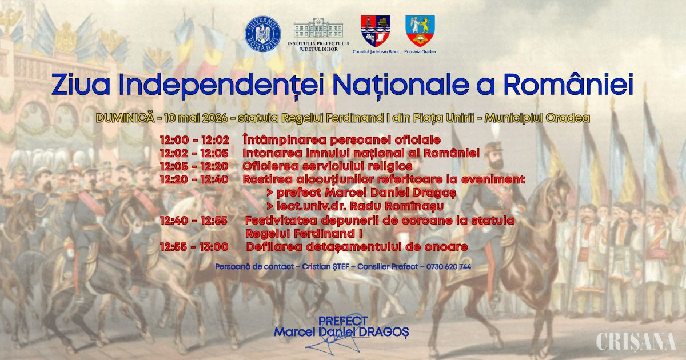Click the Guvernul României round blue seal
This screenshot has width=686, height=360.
point(262,34)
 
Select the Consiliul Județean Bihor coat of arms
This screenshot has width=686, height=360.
point(376,31)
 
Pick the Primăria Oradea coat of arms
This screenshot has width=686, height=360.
point(420,31)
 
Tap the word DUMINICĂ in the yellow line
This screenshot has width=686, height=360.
point(125,118)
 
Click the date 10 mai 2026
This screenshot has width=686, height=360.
point(196,118)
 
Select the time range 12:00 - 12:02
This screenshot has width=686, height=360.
point(194,140)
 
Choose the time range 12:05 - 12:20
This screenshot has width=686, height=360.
point(194,166)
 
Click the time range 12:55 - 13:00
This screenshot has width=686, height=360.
point(194,247)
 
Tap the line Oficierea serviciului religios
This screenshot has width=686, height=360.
point(328,166)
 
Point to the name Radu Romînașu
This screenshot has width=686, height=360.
point(397,206)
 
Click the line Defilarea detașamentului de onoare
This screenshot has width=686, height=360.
point(357,247)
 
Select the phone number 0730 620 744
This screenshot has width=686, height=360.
point(449,267)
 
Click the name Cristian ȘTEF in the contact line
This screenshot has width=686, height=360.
point(325,267)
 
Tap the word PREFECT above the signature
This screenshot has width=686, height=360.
point(342,321)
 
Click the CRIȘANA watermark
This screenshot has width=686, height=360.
point(636,341)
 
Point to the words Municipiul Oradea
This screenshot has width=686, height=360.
point(537,118)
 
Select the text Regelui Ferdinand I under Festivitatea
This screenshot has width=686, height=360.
point(304,234)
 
